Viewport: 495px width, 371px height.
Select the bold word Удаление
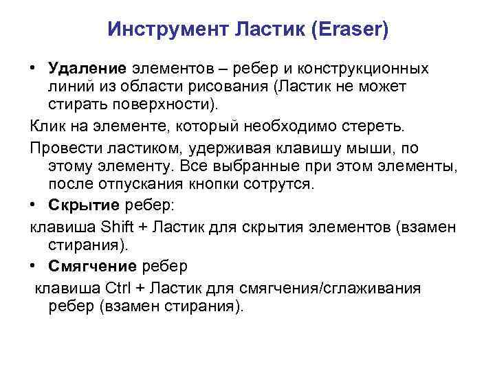point(87,69)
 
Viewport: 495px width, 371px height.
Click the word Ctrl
point(121,288)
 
